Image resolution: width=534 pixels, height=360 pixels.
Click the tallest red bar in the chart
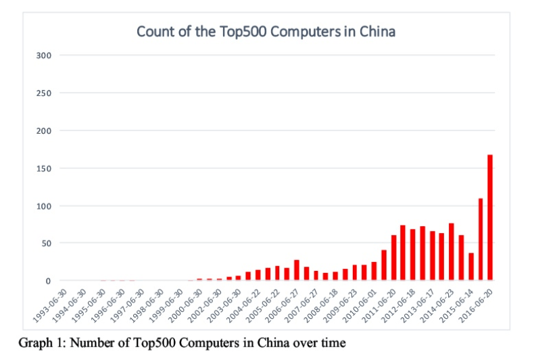490,217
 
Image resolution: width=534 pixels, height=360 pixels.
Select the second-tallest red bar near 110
481,239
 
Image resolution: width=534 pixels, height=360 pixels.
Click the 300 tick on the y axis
43,55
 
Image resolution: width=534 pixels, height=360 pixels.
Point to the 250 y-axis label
43,93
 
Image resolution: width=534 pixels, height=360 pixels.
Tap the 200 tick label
43,131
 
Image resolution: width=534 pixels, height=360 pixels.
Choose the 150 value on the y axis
43,169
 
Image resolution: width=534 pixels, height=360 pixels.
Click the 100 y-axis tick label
43,206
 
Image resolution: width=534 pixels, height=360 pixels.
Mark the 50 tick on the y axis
47,243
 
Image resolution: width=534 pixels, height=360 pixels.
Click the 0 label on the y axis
49,281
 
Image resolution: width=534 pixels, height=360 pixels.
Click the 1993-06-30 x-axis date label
50,305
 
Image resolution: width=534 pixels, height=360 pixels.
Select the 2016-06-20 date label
476,305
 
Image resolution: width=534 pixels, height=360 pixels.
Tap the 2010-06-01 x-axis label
360,305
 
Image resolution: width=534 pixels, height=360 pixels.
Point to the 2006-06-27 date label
282,305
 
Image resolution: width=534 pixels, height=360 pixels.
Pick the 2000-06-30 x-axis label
185,305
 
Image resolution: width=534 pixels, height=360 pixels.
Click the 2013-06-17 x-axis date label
418,305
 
